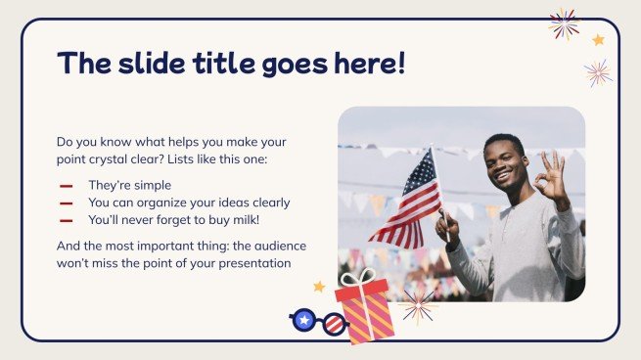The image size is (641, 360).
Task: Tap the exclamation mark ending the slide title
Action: click(398, 64)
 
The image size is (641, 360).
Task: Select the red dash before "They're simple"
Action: click(67, 185)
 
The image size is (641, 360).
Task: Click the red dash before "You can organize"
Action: click(67, 203)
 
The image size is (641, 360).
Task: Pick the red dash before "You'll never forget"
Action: click(67, 221)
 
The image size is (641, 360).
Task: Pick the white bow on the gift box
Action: click(358, 278)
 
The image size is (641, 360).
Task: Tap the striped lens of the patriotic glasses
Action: click(334, 324)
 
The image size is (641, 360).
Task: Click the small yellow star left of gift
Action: click(318, 287)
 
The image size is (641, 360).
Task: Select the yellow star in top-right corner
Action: click(598, 40)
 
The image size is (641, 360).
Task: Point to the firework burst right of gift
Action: click(418, 304)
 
